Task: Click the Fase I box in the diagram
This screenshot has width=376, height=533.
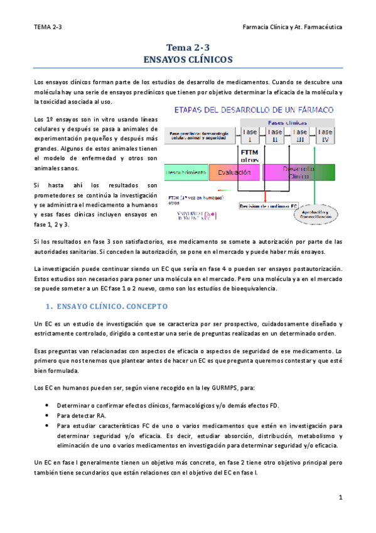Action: [x=249, y=135]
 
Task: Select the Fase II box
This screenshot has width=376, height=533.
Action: [x=274, y=135]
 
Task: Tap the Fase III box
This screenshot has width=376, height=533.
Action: [x=299, y=135]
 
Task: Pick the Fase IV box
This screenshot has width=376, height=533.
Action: [x=325, y=135]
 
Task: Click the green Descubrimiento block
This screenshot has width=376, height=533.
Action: [x=186, y=172]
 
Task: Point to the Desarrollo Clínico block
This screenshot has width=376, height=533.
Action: [x=299, y=172]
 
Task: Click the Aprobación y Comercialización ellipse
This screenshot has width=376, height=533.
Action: [x=318, y=216]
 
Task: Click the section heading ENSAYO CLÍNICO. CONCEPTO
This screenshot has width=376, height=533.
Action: [x=108, y=307]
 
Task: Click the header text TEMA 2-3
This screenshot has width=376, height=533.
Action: [x=48, y=28]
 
